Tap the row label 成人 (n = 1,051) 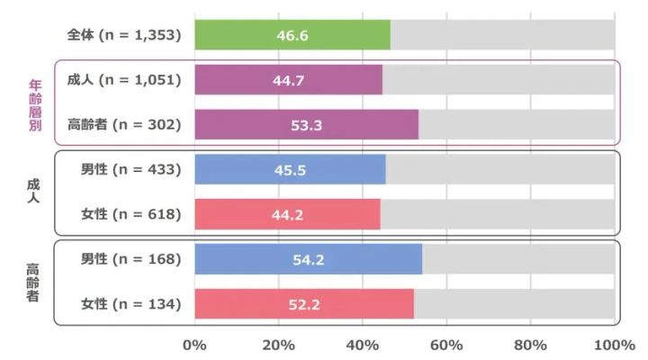click(x=123, y=80)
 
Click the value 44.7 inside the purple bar click(x=288, y=80)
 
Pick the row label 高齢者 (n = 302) click(x=123, y=125)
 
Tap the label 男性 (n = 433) click(x=130, y=170)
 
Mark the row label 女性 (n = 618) click(x=130, y=215)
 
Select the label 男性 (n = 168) click(x=130, y=260)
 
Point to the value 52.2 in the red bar click(x=305, y=305)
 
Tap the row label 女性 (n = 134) click(x=130, y=305)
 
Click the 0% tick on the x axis click(x=194, y=345)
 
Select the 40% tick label click(x=363, y=345)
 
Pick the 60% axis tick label click(x=446, y=345)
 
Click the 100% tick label click(x=615, y=345)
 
